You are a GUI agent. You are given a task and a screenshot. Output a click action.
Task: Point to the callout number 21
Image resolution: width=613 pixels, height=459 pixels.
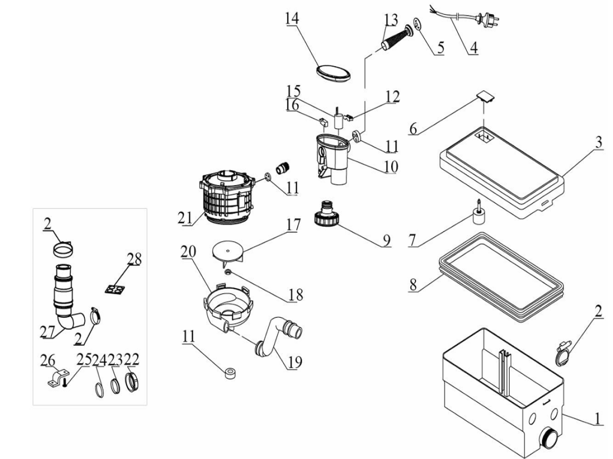tap(185, 218)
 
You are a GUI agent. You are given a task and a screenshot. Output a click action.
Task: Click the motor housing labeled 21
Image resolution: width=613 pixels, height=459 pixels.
tap(227, 196)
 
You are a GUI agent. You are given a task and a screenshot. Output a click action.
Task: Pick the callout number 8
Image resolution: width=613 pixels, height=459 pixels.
tap(413, 285)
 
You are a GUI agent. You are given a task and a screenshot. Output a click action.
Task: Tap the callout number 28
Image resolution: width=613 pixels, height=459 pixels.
tap(134, 259)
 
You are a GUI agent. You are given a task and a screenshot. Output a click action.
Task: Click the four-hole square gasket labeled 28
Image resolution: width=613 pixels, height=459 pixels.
tap(115, 289)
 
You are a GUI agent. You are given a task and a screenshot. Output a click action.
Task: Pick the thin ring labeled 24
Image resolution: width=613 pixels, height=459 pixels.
tap(99, 391)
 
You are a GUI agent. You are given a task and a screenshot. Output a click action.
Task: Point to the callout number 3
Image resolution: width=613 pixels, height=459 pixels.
tap(598, 142)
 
